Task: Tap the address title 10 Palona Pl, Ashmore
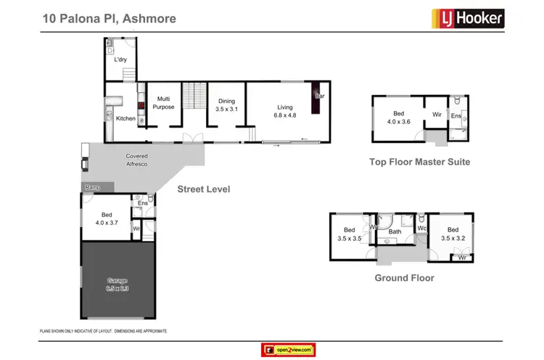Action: (108, 17)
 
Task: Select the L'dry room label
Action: (121, 60)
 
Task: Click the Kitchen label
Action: (125, 118)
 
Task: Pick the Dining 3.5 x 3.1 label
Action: (227, 105)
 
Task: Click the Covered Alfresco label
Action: (137, 160)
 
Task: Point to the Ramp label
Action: (92, 187)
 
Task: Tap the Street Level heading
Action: (204, 189)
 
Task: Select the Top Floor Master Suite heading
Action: (419, 162)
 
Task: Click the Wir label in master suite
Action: (437, 115)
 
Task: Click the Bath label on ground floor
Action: (395, 232)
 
